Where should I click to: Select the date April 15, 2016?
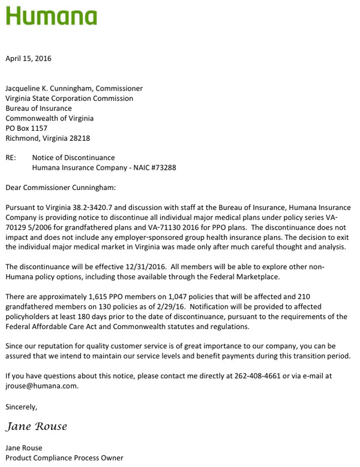click(x=28, y=59)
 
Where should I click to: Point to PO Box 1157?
click(x=26, y=128)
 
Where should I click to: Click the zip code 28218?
click(x=80, y=138)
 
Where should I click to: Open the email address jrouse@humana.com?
click(x=42, y=386)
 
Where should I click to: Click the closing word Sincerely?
click(x=21, y=407)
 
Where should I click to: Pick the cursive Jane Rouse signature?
click(x=37, y=427)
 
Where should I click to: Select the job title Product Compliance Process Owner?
click(x=64, y=458)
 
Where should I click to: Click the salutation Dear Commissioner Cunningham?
click(x=61, y=188)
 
